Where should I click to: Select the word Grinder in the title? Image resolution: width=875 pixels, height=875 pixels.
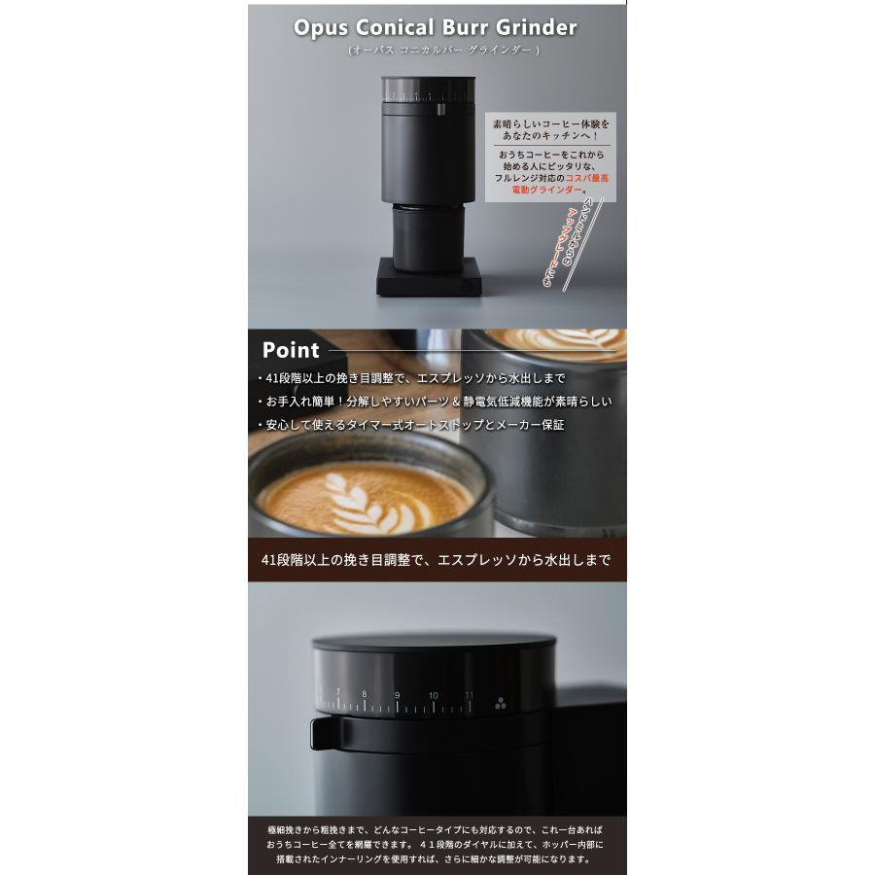[x=541, y=27]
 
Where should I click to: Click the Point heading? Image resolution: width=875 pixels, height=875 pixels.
[x=290, y=351]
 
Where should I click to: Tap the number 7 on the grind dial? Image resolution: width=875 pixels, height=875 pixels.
[x=337, y=692]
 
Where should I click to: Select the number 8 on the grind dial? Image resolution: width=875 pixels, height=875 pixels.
[x=365, y=694]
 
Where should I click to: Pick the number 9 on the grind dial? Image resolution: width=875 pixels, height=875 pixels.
[x=397, y=696]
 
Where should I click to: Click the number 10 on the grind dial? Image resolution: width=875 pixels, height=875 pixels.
[x=433, y=696]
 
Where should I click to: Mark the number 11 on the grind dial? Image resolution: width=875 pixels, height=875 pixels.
[x=469, y=695]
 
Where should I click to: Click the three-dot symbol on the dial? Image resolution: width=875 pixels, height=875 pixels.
[x=501, y=706]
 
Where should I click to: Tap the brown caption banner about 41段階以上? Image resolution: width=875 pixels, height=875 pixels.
[x=437, y=560]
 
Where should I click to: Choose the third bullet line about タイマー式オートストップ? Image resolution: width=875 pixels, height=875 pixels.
[x=410, y=425]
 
